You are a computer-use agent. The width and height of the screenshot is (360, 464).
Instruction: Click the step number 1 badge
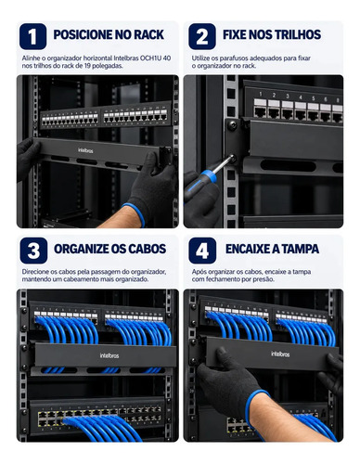(x=32, y=36)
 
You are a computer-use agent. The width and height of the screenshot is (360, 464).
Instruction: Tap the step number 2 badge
(x=202, y=36)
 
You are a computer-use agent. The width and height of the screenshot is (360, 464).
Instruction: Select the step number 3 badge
(x=33, y=251)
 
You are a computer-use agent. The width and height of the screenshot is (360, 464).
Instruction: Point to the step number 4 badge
(x=202, y=251)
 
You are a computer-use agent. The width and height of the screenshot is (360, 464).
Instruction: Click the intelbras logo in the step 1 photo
(x=85, y=150)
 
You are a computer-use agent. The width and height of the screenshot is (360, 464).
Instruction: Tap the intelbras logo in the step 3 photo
(x=109, y=355)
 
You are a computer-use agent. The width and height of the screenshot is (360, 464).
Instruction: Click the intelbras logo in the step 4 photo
(x=280, y=354)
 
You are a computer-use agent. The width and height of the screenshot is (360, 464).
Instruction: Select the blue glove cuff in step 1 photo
(x=135, y=214)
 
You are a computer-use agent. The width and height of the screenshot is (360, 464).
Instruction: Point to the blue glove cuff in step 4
(x=255, y=406)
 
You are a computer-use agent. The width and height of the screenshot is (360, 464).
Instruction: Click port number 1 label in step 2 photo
(x=261, y=94)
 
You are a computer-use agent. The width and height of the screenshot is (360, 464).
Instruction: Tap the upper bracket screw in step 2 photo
(x=232, y=125)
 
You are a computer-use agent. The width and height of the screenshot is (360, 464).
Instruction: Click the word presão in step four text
(x=266, y=279)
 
